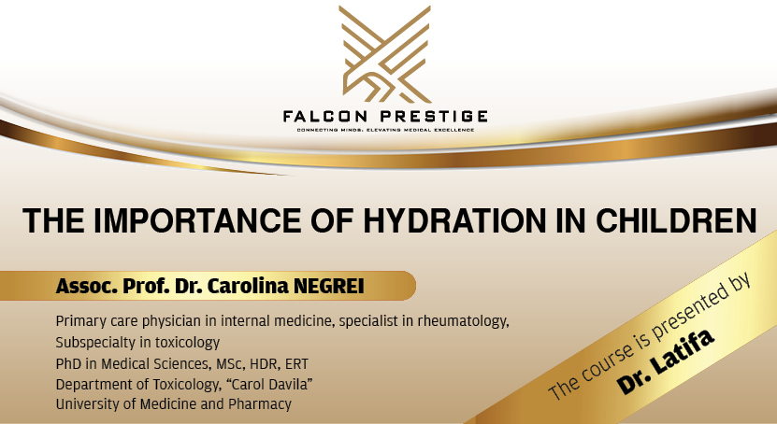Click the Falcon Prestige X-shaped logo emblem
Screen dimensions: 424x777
(385, 54)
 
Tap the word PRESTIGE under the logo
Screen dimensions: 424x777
(436, 116)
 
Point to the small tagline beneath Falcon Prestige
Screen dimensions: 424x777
(385, 129)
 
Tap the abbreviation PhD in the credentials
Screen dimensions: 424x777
(70, 363)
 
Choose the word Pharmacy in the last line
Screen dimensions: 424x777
(263, 404)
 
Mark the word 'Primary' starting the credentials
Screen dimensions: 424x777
(81, 322)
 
